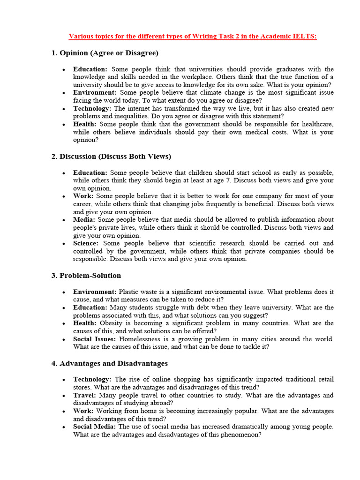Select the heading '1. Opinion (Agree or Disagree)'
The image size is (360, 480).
pos(105,53)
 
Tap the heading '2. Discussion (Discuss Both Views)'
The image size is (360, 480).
pos(111,156)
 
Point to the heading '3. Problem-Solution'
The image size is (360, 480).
pos(86,275)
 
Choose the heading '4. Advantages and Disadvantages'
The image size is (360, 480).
pos(109,363)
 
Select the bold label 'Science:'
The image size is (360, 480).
pos(86,243)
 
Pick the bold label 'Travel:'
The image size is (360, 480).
pos(85,395)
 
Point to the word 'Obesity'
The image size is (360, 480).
pos(111,323)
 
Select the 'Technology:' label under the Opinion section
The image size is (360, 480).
pos(92,108)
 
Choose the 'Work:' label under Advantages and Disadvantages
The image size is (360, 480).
pos(83,411)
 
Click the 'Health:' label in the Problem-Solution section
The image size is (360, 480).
pos(84,323)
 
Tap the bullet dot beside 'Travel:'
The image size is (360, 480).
pos(63,396)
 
